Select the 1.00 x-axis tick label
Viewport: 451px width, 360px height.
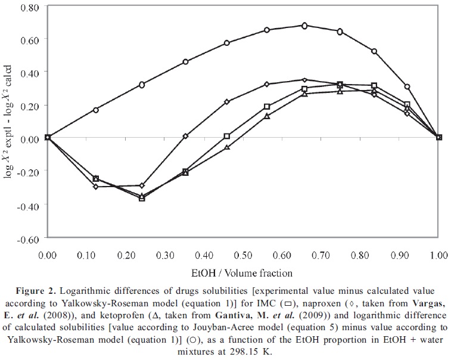coord(438,255)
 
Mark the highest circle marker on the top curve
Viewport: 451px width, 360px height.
coord(304,26)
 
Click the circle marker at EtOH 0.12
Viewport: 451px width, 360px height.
coord(95,110)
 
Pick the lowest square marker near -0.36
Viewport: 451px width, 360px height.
coord(142,198)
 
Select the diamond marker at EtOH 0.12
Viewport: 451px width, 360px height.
coord(95,187)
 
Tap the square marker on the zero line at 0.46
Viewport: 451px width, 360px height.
coord(227,136)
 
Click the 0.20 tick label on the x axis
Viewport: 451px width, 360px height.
coord(125,255)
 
